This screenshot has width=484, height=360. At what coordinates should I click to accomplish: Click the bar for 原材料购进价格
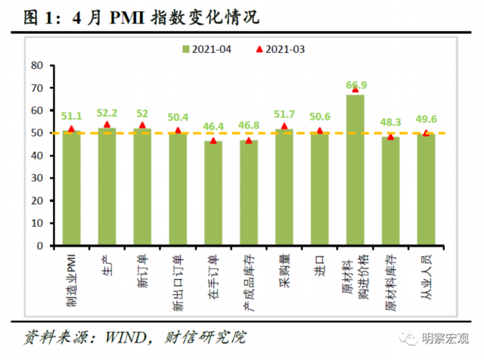[x=355, y=170]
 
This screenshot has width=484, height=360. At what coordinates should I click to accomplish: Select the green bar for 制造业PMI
[x=72, y=188]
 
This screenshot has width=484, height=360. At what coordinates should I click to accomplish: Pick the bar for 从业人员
[x=426, y=190]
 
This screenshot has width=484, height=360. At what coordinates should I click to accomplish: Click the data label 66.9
[x=356, y=85]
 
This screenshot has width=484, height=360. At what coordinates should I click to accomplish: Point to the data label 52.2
[x=107, y=113]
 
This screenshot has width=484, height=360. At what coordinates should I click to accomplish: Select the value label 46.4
[x=213, y=126]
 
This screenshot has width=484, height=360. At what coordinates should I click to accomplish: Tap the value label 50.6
[x=320, y=116]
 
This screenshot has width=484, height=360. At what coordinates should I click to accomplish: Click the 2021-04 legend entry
[x=207, y=49]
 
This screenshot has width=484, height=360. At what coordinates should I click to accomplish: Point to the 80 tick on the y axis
[x=36, y=65]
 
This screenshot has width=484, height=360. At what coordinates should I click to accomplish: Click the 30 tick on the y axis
[x=36, y=178]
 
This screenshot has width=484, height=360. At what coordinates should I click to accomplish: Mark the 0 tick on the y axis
[x=39, y=247]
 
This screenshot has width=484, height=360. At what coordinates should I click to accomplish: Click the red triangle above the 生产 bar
[x=107, y=125]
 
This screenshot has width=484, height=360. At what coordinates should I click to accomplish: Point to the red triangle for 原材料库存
[x=391, y=137]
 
